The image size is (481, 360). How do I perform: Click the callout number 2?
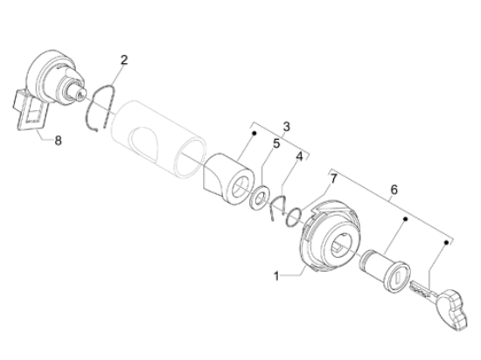(123, 59)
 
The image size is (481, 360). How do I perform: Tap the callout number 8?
(58, 141)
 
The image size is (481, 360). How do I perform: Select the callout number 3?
(286, 127)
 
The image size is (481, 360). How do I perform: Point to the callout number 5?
(276, 143)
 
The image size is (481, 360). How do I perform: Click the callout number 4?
(299, 156)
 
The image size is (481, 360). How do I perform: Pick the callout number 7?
(333, 178)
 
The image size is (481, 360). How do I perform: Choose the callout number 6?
(394, 190)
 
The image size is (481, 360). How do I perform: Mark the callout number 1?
(276, 276)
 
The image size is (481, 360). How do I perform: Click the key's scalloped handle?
(453, 308)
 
